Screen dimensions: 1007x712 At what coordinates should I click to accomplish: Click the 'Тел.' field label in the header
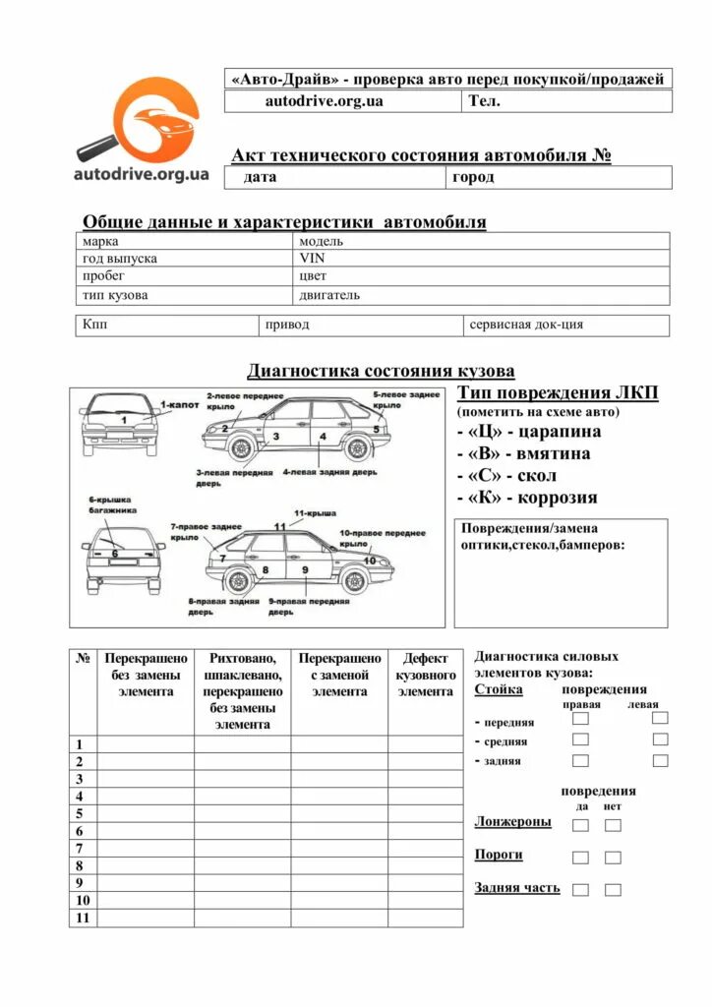484,101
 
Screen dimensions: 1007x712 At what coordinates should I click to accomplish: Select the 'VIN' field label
312,259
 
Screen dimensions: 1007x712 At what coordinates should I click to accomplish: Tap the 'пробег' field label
103,276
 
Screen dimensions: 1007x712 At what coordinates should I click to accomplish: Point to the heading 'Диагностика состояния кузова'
381,371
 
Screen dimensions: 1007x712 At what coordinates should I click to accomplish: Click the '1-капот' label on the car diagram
180,404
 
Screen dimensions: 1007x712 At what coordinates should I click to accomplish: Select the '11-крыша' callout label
315,513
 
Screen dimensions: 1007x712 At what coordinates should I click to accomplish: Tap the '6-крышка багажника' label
111,505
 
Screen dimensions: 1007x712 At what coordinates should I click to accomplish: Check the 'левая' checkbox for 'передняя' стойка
660,719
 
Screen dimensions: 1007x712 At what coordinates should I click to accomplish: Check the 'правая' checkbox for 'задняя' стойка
581,760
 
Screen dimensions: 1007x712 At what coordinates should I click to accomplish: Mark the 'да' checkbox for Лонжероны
581,825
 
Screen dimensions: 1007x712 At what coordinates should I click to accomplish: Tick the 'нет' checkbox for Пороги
613,858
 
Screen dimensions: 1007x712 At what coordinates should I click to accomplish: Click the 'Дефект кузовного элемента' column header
425,676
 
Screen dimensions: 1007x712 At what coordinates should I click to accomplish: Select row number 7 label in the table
79,848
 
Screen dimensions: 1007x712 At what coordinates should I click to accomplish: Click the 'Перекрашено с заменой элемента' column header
339,676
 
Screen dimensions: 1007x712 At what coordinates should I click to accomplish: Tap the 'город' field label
473,178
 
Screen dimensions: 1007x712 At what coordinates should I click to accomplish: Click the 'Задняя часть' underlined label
517,888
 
